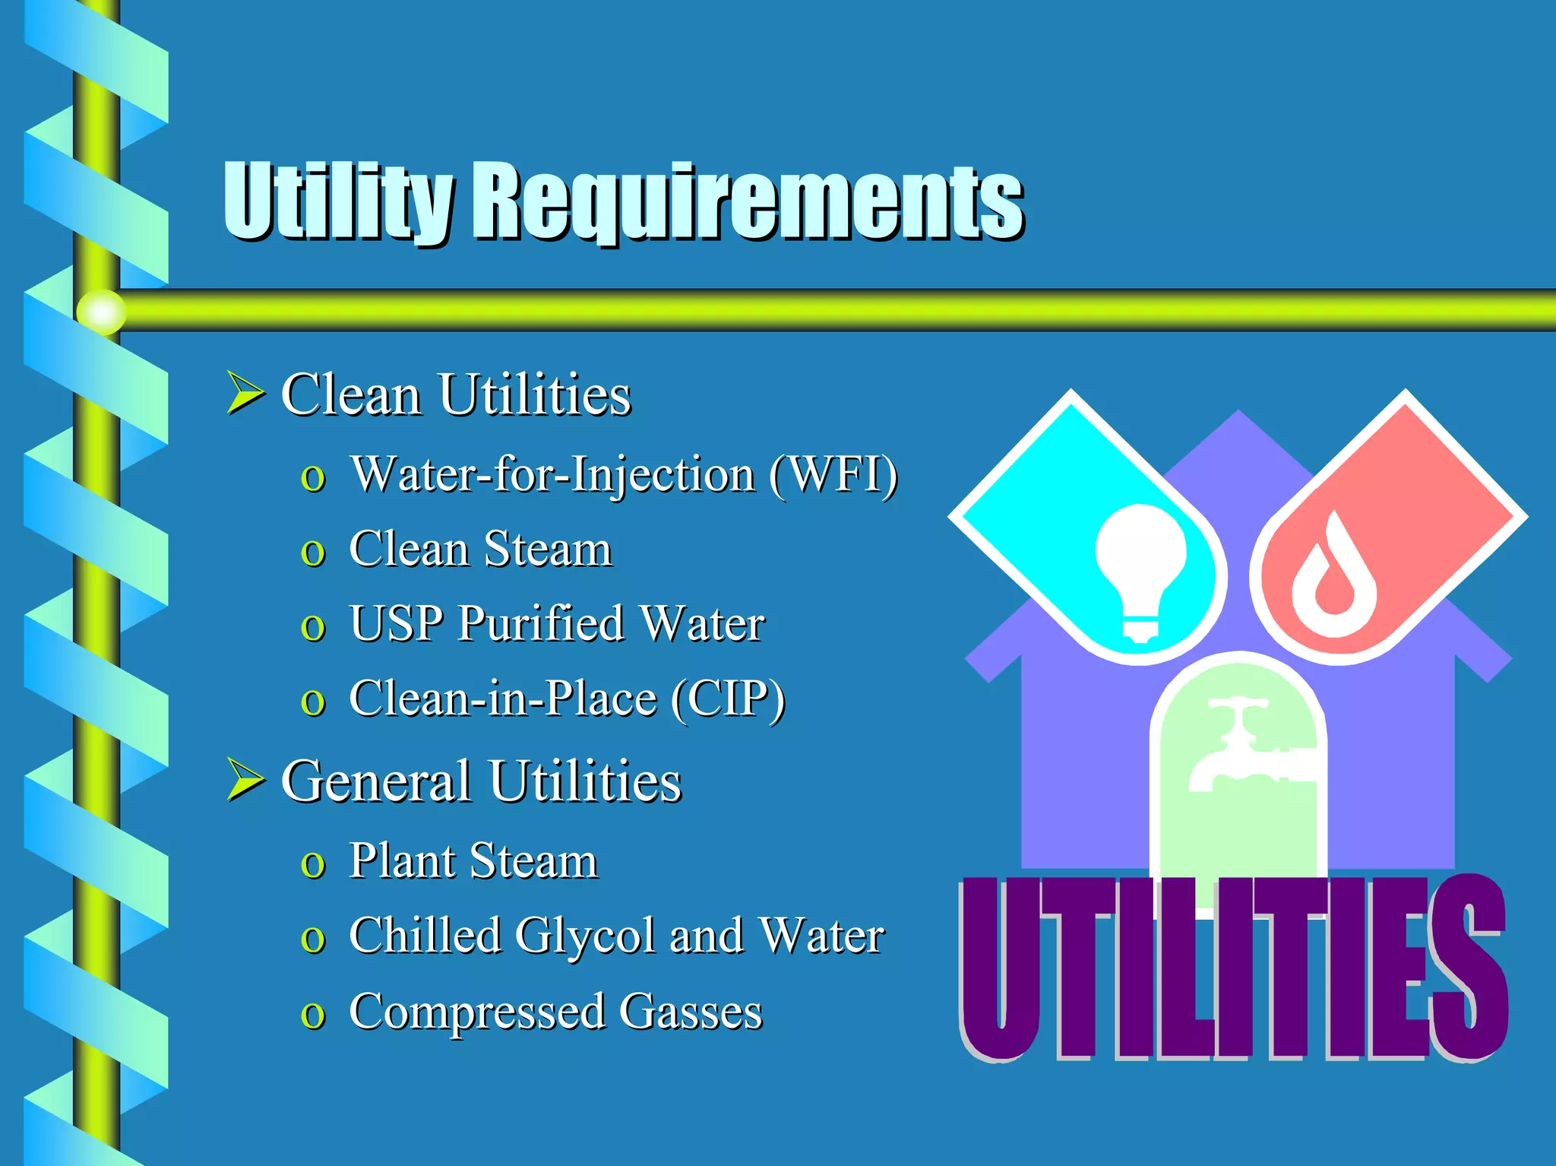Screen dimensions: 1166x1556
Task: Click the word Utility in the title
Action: coord(338,201)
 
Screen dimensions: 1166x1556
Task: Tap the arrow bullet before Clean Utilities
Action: coord(245,393)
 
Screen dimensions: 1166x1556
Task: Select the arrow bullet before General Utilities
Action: coord(245,781)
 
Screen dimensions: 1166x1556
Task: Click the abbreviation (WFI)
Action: coord(833,476)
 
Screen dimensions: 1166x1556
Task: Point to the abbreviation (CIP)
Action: coord(728,699)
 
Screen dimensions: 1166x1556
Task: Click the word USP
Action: coord(395,624)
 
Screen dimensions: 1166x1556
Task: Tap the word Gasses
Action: coord(690,1012)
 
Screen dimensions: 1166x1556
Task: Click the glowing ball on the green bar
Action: coord(101,312)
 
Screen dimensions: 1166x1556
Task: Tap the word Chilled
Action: coord(424,936)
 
